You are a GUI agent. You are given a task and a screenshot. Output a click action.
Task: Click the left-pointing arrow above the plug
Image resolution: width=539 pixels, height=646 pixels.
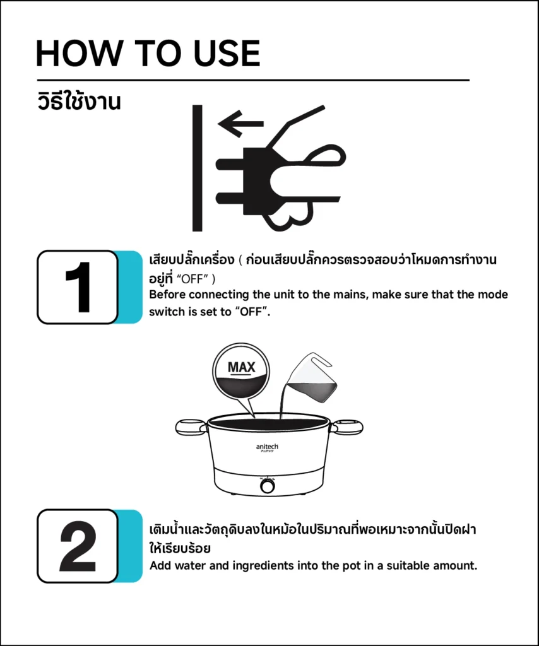240,124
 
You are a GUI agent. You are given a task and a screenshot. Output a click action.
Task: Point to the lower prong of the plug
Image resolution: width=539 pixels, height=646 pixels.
230,198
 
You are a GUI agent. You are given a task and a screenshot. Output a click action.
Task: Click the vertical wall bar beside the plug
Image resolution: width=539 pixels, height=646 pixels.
198,168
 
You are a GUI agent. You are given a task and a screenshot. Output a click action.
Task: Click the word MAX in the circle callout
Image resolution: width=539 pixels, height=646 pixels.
242,367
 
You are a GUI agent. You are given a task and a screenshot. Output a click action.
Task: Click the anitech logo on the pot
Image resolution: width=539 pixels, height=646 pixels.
267,447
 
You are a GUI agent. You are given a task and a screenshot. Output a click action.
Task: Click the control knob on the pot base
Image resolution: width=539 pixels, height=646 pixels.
268,486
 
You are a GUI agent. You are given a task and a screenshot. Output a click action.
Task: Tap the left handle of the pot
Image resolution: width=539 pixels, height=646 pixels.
191,427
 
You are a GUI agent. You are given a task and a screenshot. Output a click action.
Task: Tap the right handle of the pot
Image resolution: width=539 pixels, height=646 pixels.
346,427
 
